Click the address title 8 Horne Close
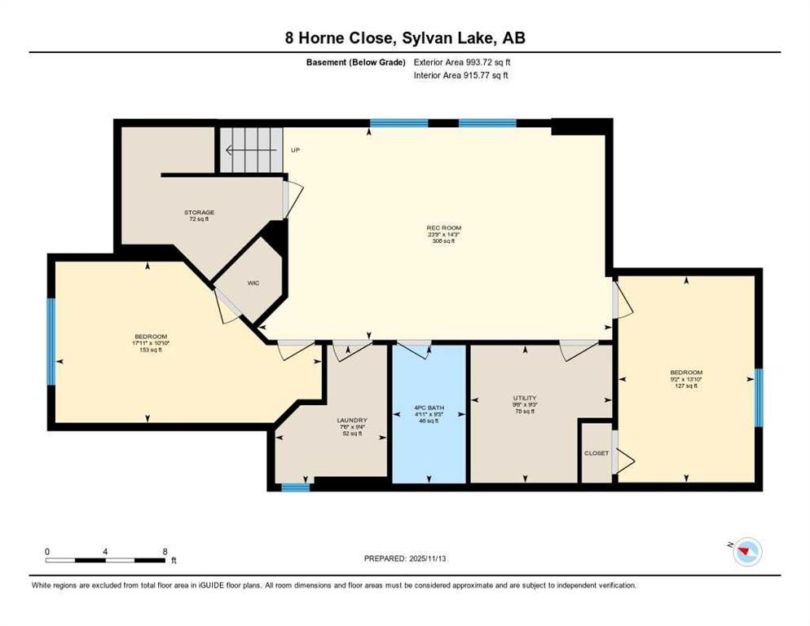(404, 37)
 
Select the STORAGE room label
(199, 213)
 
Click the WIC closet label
(253, 284)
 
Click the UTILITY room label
(525, 398)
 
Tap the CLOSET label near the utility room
(596, 453)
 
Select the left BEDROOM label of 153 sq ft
(151, 337)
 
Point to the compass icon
(746, 553)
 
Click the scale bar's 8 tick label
(166, 552)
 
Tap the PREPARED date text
(404, 558)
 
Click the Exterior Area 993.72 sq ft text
(462, 62)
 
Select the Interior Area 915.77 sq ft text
(462, 76)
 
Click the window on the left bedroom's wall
(51, 341)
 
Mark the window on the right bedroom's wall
(758, 398)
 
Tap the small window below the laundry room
(296, 487)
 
